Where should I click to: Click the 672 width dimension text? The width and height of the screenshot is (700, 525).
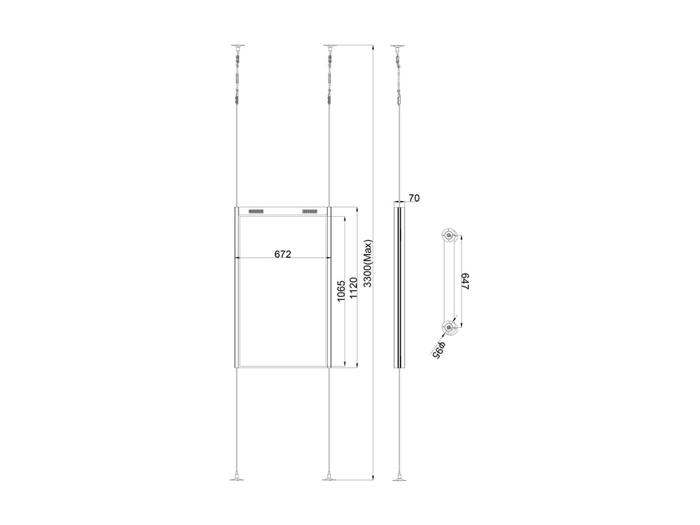click(x=282, y=254)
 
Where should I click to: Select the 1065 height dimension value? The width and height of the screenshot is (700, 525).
click(x=341, y=291)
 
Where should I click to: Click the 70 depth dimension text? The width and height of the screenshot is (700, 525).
click(x=414, y=198)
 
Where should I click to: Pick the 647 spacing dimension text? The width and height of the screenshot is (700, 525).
click(x=465, y=281)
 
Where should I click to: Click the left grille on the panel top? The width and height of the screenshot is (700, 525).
click(x=257, y=211)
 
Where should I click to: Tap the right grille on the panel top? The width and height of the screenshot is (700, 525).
click(x=310, y=211)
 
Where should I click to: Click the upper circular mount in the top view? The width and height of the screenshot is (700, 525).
click(x=449, y=235)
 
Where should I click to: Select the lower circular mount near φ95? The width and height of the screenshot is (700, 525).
click(x=449, y=327)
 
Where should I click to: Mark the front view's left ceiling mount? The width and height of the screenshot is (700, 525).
click(x=237, y=47)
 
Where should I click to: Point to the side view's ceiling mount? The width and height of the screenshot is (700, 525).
click(x=398, y=47)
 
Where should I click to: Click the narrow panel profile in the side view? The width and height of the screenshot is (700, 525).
click(x=398, y=285)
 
